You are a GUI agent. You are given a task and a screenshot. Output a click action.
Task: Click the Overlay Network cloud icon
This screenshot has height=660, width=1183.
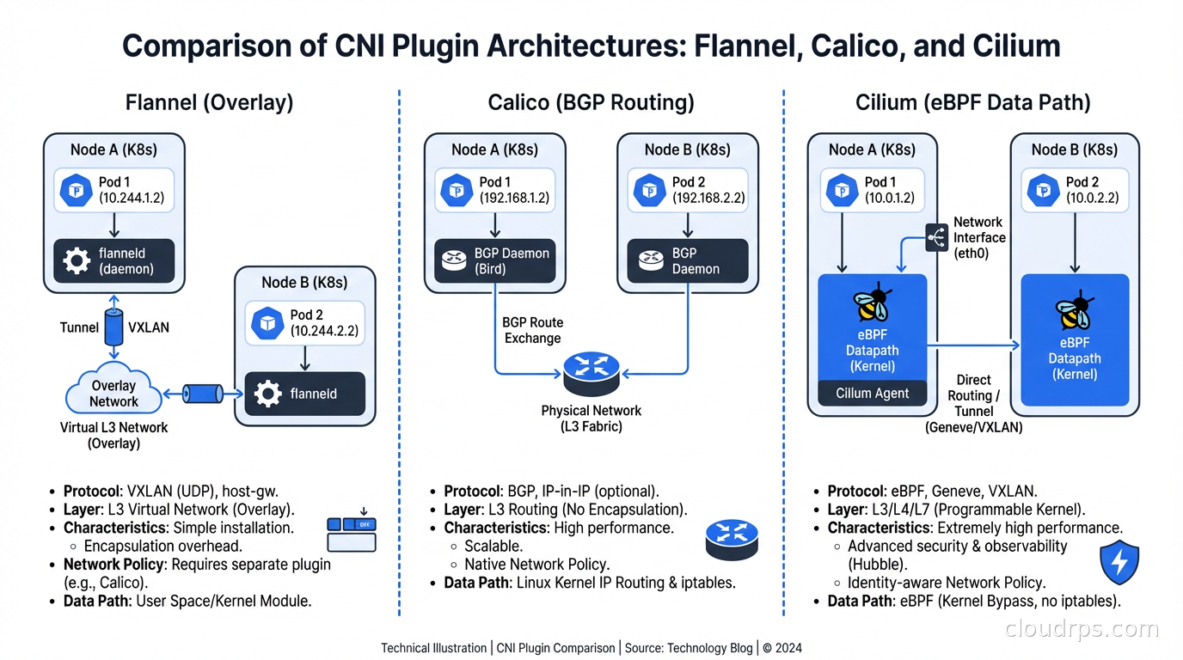pyautogui.click(x=113, y=393)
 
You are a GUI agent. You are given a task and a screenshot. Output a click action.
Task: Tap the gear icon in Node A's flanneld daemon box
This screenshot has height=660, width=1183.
pyautogui.click(x=77, y=261)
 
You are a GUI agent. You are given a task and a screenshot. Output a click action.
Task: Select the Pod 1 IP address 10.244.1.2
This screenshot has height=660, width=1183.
pyautogui.click(x=132, y=198)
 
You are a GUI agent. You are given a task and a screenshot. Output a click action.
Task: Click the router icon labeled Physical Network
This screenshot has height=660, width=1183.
pyautogui.click(x=591, y=372)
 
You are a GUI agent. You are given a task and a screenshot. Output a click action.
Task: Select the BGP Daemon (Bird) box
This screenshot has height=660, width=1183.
pyautogui.click(x=494, y=261)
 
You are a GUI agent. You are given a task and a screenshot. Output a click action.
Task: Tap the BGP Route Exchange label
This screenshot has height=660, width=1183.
pyautogui.click(x=532, y=330)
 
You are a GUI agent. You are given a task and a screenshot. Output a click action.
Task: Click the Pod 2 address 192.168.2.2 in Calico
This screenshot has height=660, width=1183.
pyautogui.click(x=708, y=198)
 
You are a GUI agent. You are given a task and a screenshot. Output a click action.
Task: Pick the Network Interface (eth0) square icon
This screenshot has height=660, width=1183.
pyautogui.click(x=936, y=237)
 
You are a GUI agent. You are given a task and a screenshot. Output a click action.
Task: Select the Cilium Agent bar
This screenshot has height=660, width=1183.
pyautogui.click(x=872, y=394)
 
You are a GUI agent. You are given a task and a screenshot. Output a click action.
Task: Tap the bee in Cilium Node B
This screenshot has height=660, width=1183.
pyautogui.click(x=1073, y=313)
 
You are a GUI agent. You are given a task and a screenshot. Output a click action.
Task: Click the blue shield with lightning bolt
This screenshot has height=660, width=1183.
pyautogui.click(x=1119, y=562)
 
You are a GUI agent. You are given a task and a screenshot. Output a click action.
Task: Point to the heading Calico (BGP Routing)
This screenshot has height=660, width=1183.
pyautogui.click(x=591, y=103)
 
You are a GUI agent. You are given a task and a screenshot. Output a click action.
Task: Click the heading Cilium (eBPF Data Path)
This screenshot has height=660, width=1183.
pyautogui.click(x=972, y=103)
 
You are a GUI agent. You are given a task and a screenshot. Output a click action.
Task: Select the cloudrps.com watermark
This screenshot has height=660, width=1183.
pyautogui.click(x=1082, y=629)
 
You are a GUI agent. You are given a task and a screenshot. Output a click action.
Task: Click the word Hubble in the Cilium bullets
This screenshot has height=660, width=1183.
pyautogui.click(x=873, y=565)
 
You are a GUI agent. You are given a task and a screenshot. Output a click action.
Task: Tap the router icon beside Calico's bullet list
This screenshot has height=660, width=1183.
pyautogui.click(x=731, y=540)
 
